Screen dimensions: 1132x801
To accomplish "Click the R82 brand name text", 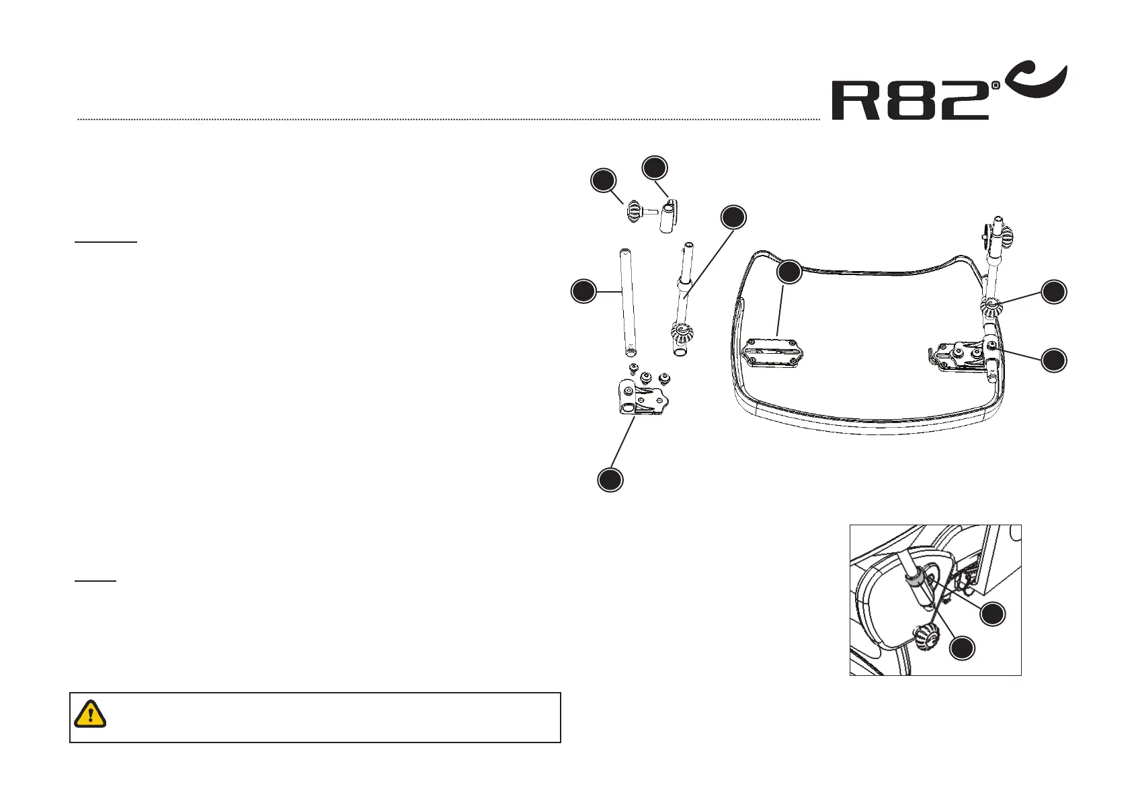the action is pos(911,101).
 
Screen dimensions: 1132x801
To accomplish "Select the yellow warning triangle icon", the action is pos(90,714).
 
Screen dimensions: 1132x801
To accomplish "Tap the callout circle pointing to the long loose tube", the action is pos(583,292).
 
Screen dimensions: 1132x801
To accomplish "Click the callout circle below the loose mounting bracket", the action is pos(610,479).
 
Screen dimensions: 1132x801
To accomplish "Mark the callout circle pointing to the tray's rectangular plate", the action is pos(789,272).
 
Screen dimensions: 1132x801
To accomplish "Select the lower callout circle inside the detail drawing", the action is pos(962,648).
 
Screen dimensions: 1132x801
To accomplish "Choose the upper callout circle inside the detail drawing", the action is pos(993,614).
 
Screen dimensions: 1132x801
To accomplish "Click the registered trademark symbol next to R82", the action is pos(996,85).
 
